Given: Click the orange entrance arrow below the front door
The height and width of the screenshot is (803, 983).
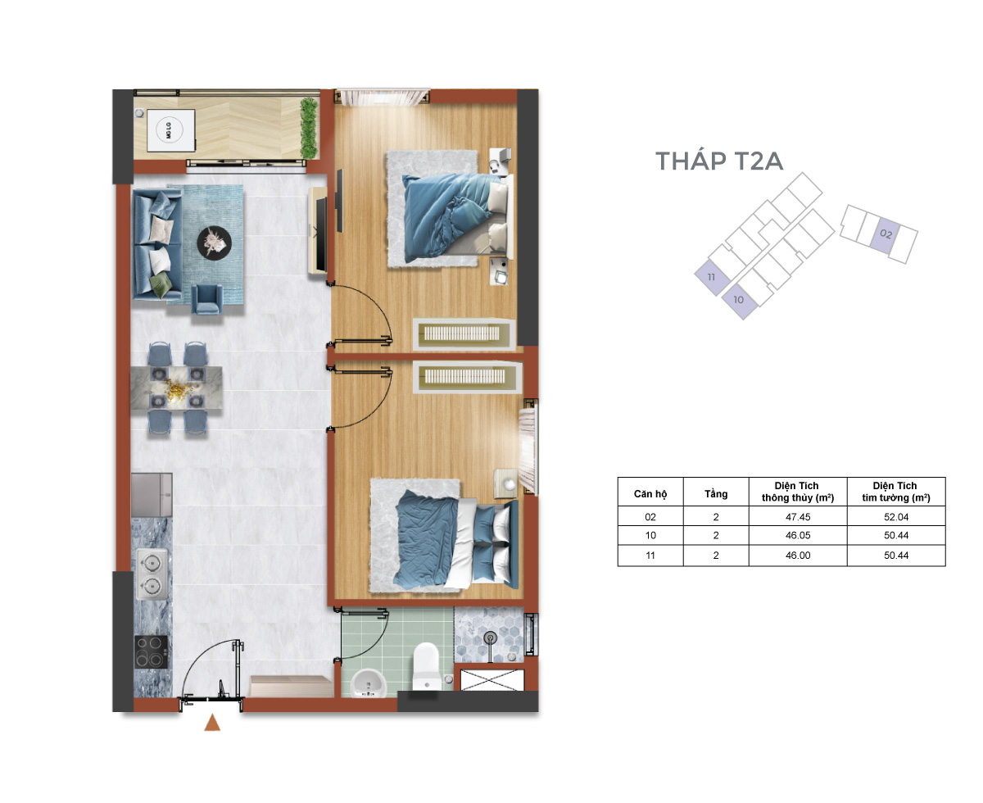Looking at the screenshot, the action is click(x=212, y=723).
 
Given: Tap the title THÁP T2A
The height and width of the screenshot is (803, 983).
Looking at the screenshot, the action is click(x=718, y=161).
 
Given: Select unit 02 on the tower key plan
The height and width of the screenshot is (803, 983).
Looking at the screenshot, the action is click(x=886, y=234).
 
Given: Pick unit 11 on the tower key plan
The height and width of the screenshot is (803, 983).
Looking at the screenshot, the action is click(x=712, y=277).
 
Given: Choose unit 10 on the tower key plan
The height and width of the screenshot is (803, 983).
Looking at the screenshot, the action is click(x=738, y=300).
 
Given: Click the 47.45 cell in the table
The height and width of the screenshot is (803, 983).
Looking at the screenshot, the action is click(x=798, y=517).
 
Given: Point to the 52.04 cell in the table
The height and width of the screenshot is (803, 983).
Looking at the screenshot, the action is click(x=896, y=517).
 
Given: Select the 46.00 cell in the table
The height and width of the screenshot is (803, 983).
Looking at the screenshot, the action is click(x=798, y=556).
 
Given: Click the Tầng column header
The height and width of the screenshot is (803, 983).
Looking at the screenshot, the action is click(x=715, y=494).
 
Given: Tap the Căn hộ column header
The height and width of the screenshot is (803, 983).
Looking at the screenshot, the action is click(x=650, y=494).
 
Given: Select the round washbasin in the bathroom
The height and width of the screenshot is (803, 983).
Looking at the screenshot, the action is click(x=369, y=683).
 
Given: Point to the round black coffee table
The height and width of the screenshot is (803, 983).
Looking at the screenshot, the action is click(x=215, y=243).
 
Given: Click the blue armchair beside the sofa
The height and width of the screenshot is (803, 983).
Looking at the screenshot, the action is click(x=206, y=299).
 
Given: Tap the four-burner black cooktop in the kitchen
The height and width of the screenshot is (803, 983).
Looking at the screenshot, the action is click(x=151, y=652).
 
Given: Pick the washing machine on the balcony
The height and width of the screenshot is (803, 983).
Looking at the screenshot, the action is click(x=170, y=130).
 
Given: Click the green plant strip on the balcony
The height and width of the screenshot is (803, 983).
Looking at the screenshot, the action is click(x=308, y=128).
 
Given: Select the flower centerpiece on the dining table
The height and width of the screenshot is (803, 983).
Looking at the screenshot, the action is click(x=176, y=388).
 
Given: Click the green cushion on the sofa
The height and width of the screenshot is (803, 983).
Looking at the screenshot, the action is click(x=161, y=284).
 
